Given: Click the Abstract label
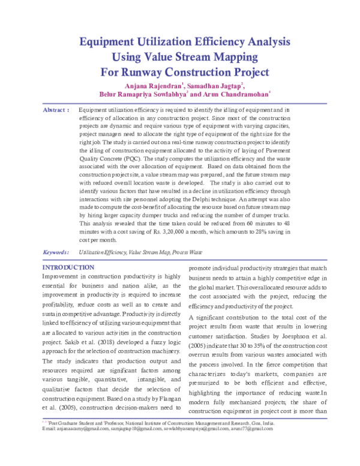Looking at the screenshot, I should click(x=55, y=111).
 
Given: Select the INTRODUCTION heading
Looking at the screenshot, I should click(x=67, y=267).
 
